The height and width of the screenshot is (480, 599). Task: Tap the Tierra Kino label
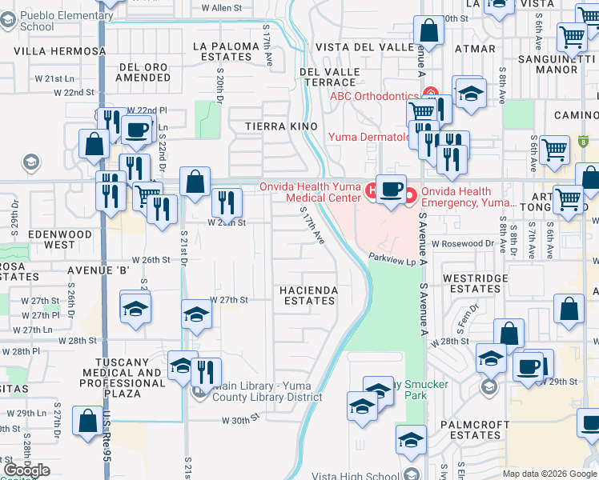coord(281,127)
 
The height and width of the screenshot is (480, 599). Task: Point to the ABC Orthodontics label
coord(375,96)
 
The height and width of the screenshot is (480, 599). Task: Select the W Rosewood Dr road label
coord(462,243)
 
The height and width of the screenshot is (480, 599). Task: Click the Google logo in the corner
coord(27,470)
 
